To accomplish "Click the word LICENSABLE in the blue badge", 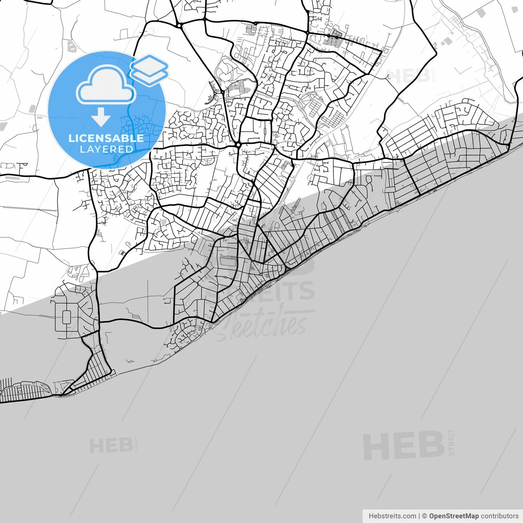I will [106, 138].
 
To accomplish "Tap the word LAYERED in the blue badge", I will [106, 149].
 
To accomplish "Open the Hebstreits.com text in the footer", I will [392, 516].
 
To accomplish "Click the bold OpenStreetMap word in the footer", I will [454, 516].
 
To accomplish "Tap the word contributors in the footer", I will [499, 516].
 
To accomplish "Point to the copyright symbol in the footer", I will [425, 516].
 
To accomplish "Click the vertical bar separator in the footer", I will [419, 516].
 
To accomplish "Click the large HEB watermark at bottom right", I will [403, 446].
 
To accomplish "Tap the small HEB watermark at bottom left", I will [111, 446].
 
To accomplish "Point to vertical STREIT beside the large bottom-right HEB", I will [451, 443].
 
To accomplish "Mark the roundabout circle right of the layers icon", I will [179, 26].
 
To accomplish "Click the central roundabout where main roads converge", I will [238, 145].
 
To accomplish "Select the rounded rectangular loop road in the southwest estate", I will [66, 317].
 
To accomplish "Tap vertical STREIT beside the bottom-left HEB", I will [136, 444].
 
